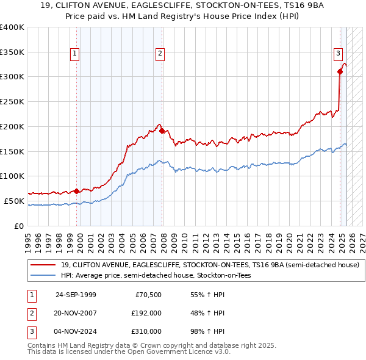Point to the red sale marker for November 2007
(x=162, y=131)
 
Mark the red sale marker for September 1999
(x=76, y=190)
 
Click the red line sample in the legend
(x=43, y=265)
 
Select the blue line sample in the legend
(x=43, y=275)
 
